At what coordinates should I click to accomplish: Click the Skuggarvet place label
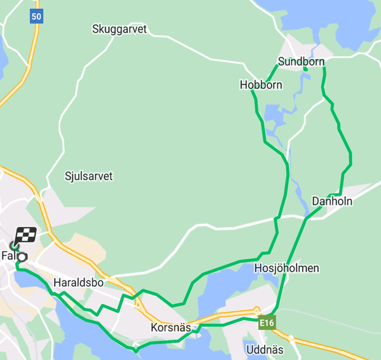click(x=119, y=29)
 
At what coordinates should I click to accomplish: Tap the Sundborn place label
click(x=301, y=62)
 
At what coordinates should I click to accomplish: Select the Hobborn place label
click(x=261, y=85)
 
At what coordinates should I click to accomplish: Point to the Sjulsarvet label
click(x=88, y=176)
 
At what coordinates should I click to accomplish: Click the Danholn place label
click(x=332, y=202)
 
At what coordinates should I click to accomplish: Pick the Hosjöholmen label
click(x=286, y=268)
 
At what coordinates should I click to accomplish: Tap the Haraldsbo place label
click(x=78, y=282)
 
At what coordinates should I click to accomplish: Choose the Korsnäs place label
click(x=171, y=328)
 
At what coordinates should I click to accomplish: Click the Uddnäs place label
click(x=265, y=350)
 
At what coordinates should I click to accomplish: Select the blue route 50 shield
click(x=36, y=17)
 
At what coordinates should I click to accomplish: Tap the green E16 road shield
click(x=267, y=324)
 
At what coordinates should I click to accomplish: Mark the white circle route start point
click(x=22, y=257)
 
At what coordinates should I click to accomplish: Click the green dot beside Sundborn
click(x=305, y=69)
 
